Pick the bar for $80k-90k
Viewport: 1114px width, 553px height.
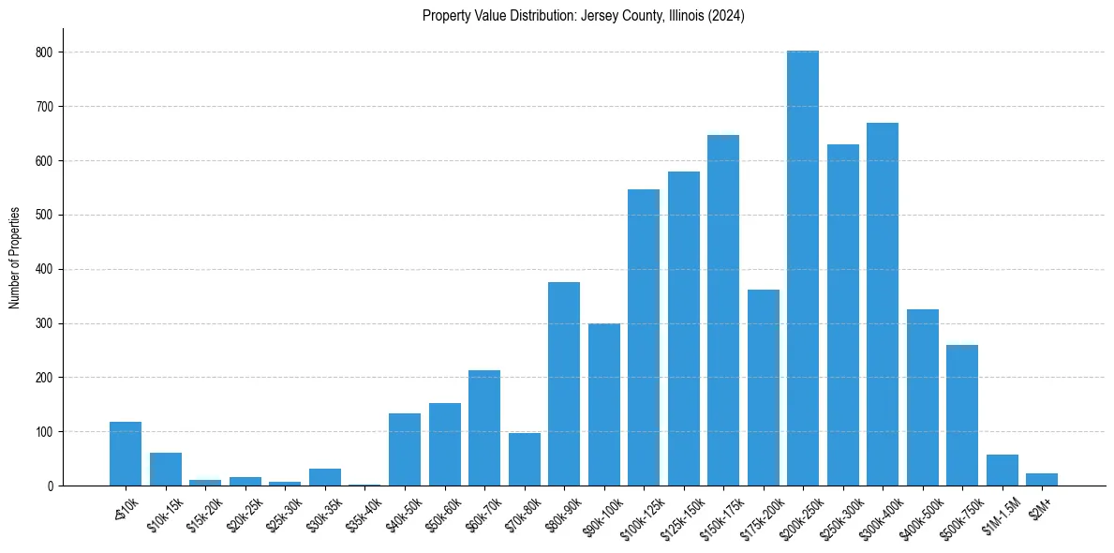coord(564,384)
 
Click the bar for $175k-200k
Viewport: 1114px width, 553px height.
coord(764,388)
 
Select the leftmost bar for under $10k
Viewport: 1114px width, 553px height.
coord(126,454)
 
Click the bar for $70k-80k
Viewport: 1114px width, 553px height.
coord(525,459)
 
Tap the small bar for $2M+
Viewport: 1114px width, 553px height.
coord(1042,480)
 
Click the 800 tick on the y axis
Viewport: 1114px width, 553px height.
coord(47,52)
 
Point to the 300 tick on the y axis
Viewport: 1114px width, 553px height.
coord(47,323)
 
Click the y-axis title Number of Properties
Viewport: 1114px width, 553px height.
coord(15,257)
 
